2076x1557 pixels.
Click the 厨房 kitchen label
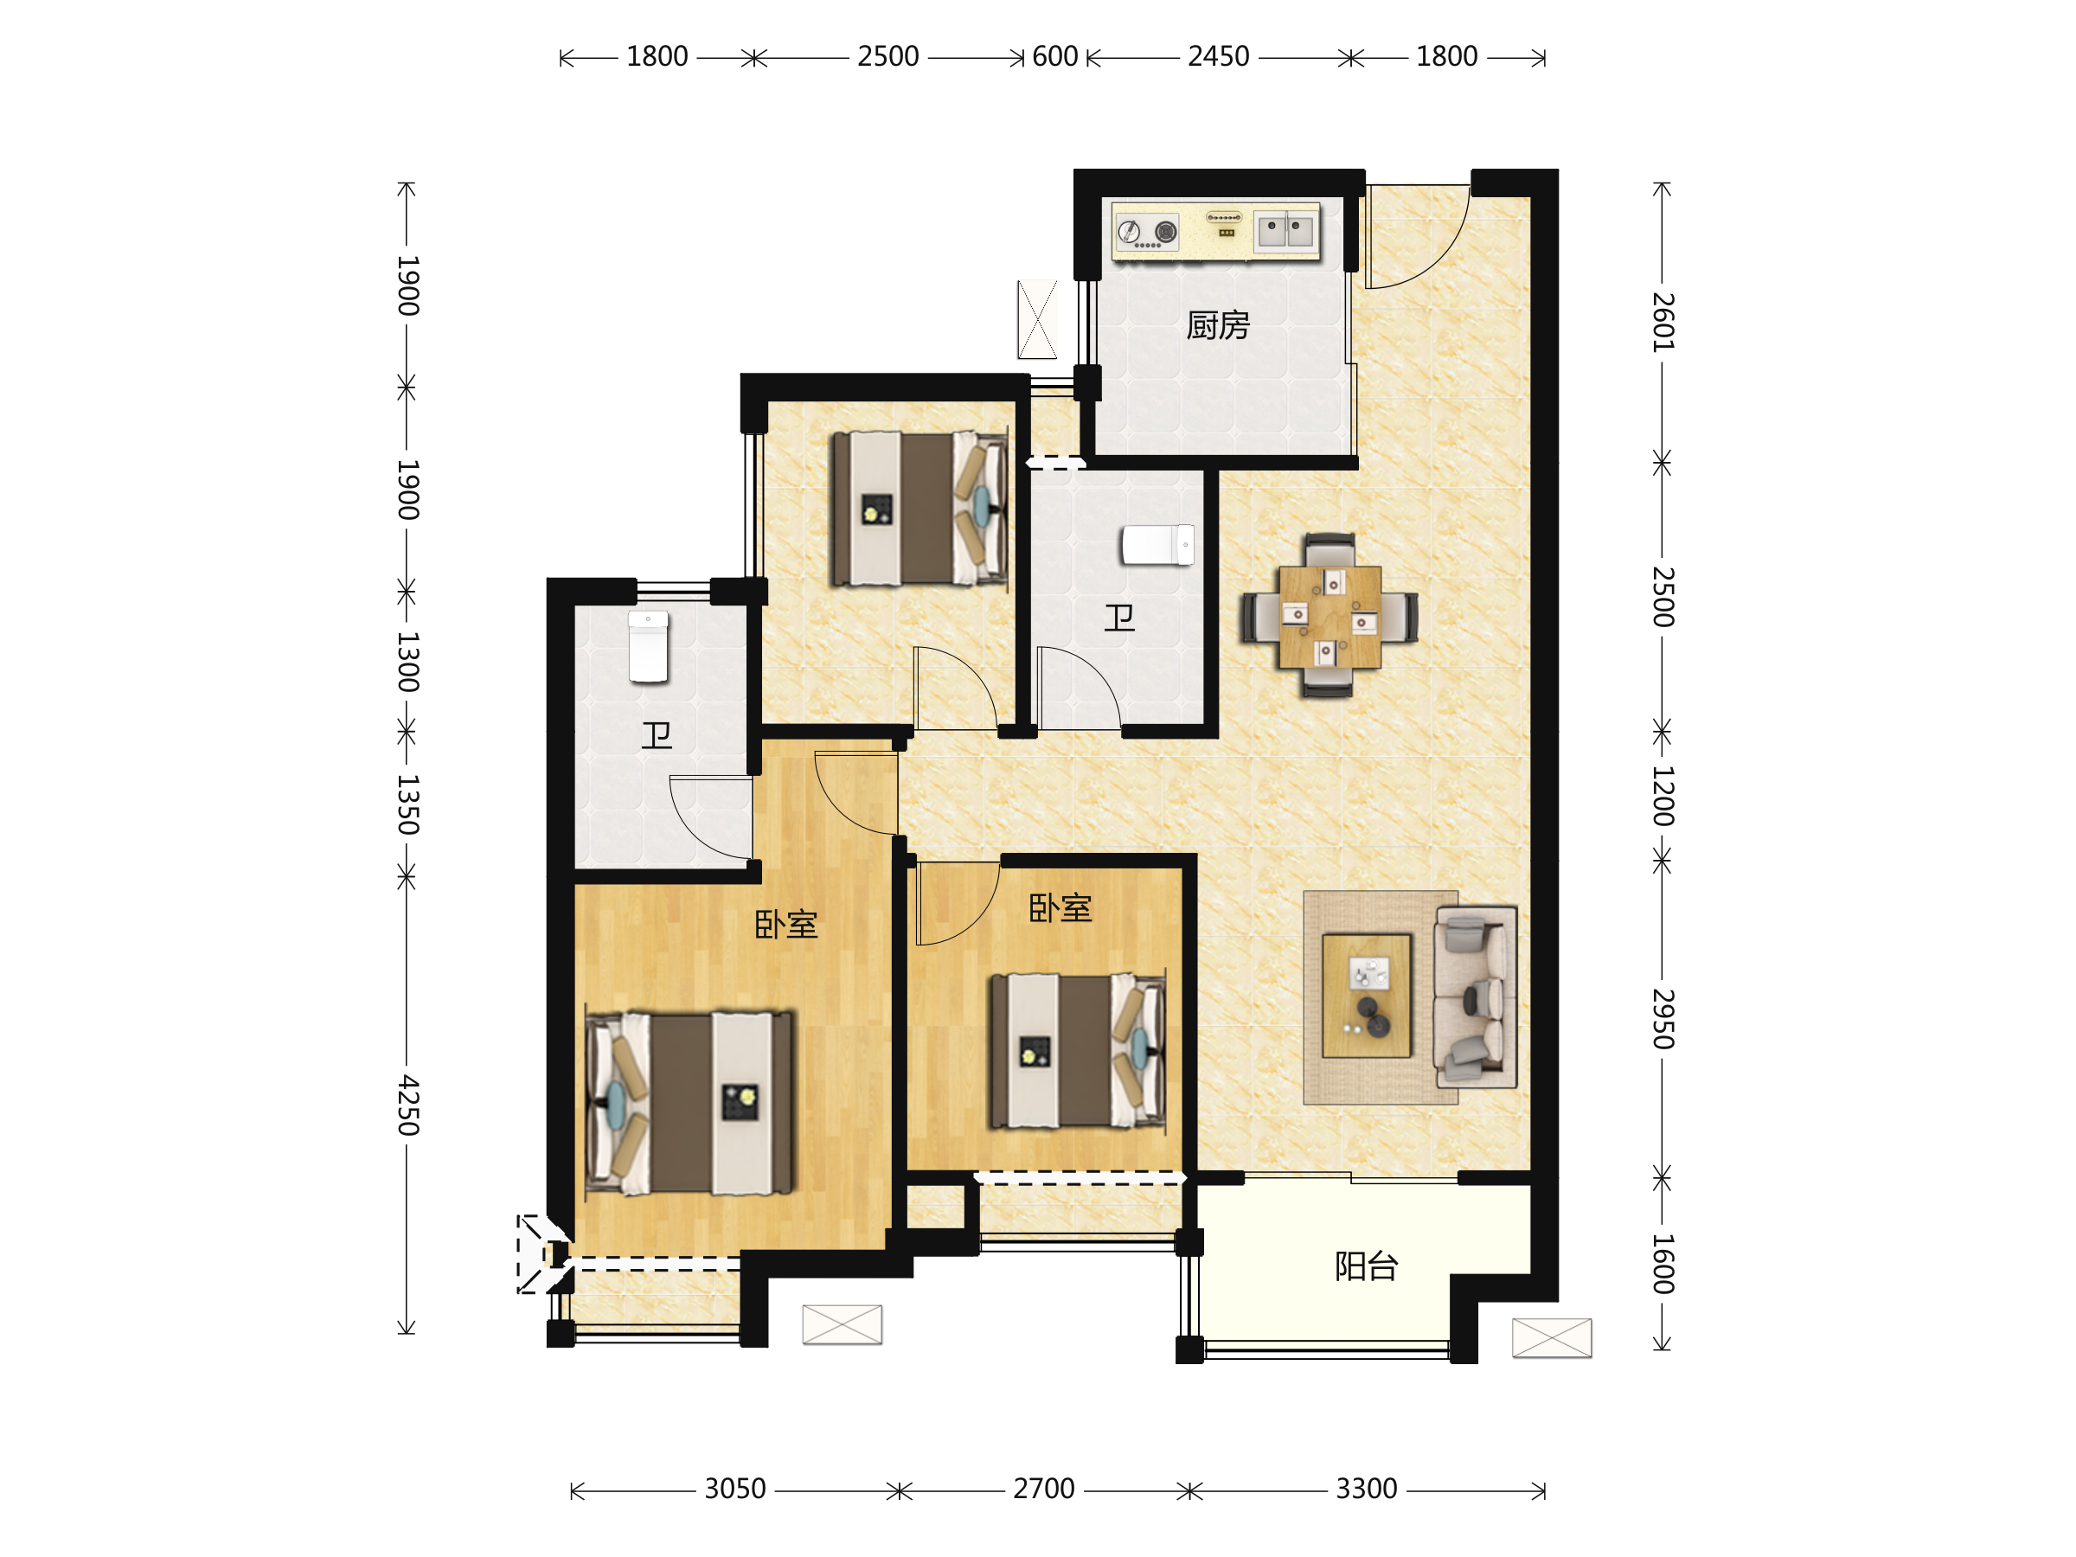(1218, 325)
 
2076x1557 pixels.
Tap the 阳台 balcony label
(1367, 1266)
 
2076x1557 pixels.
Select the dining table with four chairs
(1330, 616)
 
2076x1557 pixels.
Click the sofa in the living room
(1475, 996)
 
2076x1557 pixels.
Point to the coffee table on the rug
(1367, 996)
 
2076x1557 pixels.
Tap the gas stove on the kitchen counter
(1147, 232)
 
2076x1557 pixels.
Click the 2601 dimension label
(1663, 322)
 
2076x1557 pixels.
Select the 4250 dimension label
(407, 1105)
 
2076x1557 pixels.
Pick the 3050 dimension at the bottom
(736, 1490)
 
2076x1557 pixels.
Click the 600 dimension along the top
(1055, 57)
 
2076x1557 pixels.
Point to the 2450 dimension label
(1218, 57)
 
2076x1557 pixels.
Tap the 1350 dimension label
(407, 804)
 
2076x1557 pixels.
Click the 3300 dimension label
(1367, 1490)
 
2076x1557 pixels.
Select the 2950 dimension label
(1663, 1018)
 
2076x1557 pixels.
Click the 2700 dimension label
(1044, 1490)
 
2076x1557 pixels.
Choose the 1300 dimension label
(407, 662)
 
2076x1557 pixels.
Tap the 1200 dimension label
(1663, 796)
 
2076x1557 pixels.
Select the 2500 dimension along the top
(887, 57)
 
